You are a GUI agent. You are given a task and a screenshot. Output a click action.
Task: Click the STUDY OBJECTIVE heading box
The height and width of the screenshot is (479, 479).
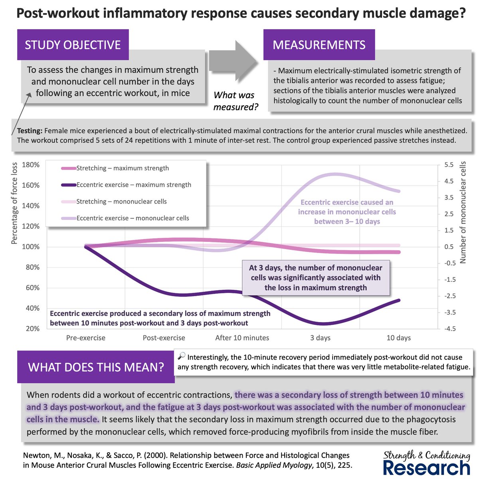[73, 45]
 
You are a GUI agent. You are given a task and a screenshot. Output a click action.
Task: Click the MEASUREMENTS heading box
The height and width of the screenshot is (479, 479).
[319, 45]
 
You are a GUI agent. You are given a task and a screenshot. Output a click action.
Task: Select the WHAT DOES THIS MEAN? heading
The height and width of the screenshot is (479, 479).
[96, 367]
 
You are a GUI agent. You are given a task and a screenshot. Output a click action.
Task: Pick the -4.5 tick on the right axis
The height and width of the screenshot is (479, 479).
[447, 329]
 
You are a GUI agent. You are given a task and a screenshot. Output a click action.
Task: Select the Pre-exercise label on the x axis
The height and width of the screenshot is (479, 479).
[85, 338]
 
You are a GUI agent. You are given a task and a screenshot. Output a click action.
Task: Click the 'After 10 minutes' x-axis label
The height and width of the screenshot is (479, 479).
[242, 338]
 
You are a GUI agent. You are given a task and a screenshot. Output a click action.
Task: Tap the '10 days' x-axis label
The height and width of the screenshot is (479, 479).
[398, 338]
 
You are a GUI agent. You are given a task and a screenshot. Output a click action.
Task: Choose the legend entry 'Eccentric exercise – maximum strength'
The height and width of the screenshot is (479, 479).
[134, 185]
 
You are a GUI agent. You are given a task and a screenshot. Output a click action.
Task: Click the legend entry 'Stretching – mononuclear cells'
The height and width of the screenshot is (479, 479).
[121, 202]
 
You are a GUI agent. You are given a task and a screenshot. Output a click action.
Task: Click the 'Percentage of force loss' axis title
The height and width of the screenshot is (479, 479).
[15, 204]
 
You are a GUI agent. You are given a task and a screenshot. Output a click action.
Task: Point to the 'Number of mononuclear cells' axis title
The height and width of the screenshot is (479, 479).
[463, 212]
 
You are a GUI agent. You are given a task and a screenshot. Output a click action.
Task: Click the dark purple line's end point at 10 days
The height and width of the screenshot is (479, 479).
[398, 300]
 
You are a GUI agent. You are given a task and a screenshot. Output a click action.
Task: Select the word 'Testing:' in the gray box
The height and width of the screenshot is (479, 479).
[30, 131]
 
